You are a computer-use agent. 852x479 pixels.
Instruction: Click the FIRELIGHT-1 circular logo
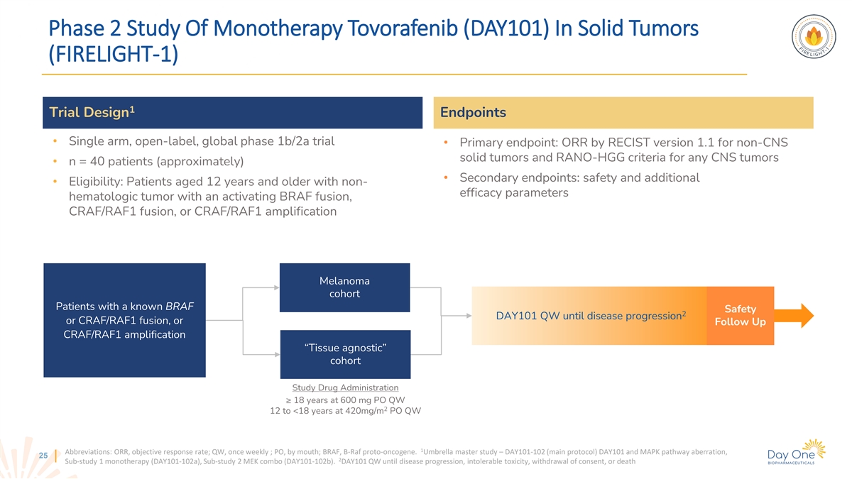(x=814, y=36)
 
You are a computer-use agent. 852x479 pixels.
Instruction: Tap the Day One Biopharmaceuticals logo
(x=796, y=453)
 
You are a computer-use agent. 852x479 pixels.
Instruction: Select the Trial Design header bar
(x=232, y=113)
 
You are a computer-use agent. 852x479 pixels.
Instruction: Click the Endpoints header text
(x=473, y=113)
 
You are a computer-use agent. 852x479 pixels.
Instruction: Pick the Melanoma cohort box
(x=344, y=287)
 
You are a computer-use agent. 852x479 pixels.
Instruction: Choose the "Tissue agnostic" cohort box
(x=345, y=354)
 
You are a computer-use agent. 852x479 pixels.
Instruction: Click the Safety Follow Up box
(x=740, y=316)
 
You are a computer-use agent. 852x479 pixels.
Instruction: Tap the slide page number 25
(x=43, y=456)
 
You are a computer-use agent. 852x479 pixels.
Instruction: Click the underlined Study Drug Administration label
(x=345, y=387)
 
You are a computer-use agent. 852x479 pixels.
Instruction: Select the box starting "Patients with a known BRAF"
(x=124, y=320)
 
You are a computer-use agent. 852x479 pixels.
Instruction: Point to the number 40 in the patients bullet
(x=97, y=162)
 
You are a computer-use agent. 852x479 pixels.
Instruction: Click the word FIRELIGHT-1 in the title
(x=114, y=54)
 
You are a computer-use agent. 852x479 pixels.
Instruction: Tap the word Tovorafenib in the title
(x=403, y=28)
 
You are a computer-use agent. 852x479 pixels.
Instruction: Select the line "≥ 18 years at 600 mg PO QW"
(x=345, y=400)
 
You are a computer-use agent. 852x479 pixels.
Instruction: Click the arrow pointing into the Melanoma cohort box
(x=261, y=288)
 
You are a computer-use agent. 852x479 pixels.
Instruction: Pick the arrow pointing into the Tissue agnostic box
(x=261, y=354)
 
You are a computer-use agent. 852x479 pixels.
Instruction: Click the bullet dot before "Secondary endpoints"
(x=446, y=177)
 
